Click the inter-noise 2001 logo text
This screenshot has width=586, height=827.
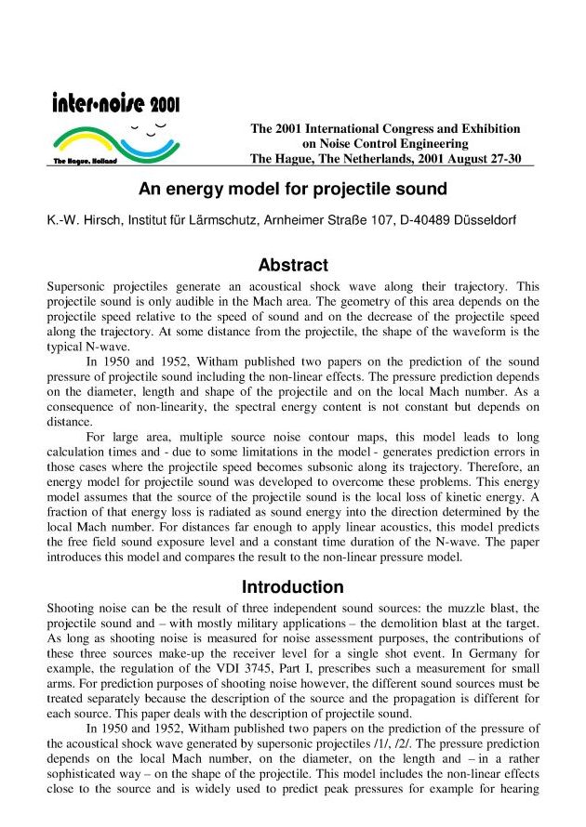click(x=115, y=102)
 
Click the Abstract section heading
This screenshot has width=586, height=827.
click(x=293, y=265)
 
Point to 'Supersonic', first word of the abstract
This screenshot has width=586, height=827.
click(x=79, y=287)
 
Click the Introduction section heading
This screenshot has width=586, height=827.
click(x=293, y=587)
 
